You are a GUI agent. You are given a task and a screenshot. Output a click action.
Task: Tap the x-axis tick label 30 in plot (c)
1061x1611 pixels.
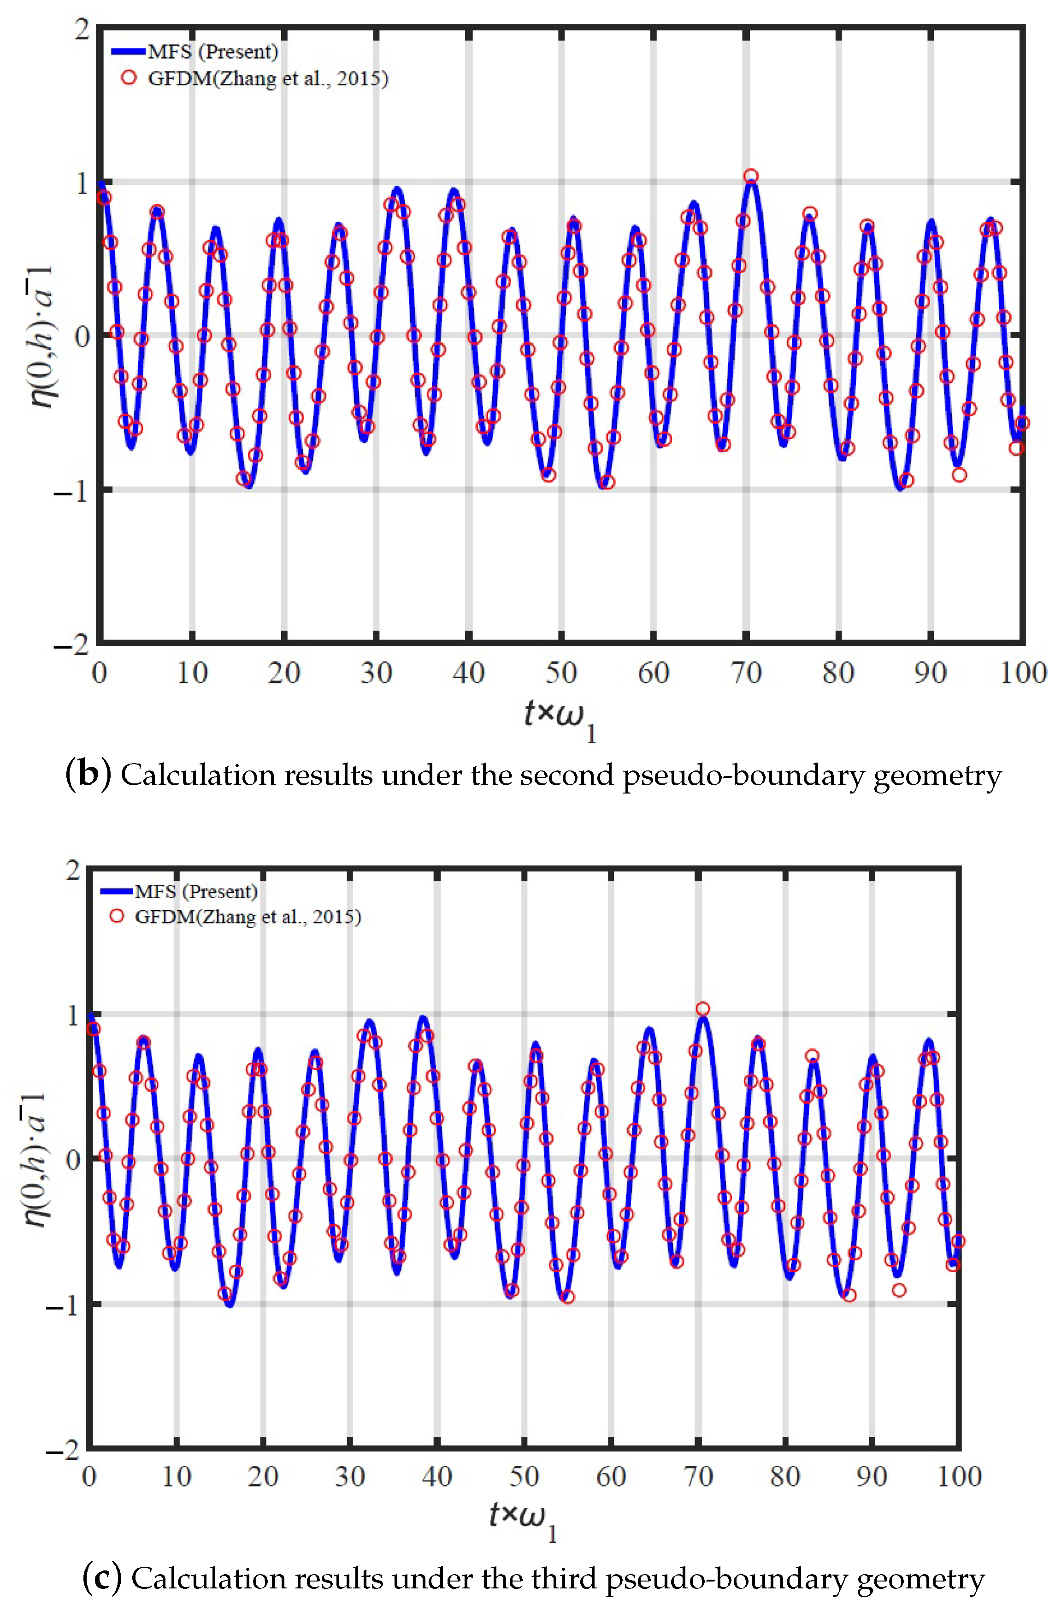click(350, 1476)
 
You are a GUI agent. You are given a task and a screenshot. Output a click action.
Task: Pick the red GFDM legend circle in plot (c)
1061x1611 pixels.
click(117, 917)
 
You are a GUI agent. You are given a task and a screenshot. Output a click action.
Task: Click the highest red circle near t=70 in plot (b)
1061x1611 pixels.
click(750, 176)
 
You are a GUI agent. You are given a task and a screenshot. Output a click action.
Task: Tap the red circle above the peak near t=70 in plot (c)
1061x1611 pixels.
click(703, 1009)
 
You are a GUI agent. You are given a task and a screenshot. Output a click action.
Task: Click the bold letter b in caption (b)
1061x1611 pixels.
click(88, 775)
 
